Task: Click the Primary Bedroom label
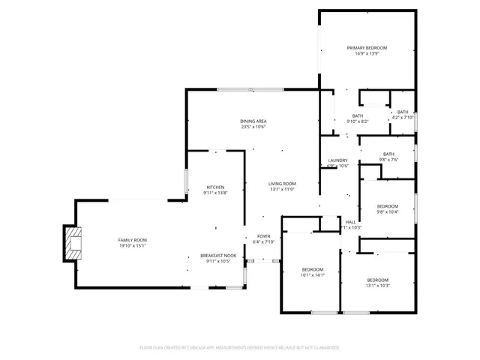pyautogui.click(x=367, y=48)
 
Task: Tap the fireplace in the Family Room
pyautogui.click(x=73, y=244)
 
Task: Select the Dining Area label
pyautogui.click(x=253, y=121)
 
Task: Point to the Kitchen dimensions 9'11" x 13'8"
pyautogui.click(x=214, y=193)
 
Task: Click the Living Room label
pyautogui.click(x=283, y=184)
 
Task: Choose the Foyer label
pyautogui.click(x=264, y=236)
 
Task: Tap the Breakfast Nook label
pyautogui.click(x=218, y=255)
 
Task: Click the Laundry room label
pyautogui.click(x=337, y=160)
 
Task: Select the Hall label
pyautogui.click(x=350, y=222)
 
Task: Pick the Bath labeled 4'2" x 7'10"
pyautogui.click(x=403, y=112)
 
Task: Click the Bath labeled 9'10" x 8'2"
pyautogui.click(x=358, y=115)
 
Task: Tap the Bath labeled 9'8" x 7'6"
pyautogui.click(x=388, y=154)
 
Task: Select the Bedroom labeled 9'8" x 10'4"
pyautogui.click(x=387, y=205)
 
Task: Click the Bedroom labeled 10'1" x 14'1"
pyautogui.click(x=313, y=269)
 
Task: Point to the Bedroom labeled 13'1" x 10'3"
pyautogui.click(x=377, y=280)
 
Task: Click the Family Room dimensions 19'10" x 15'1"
pyautogui.click(x=131, y=246)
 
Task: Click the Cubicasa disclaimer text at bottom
pyautogui.click(x=239, y=348)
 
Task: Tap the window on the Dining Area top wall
pyautogui.click(x=250, y=90)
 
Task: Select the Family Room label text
pyautogui.click(x=131, y=240)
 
